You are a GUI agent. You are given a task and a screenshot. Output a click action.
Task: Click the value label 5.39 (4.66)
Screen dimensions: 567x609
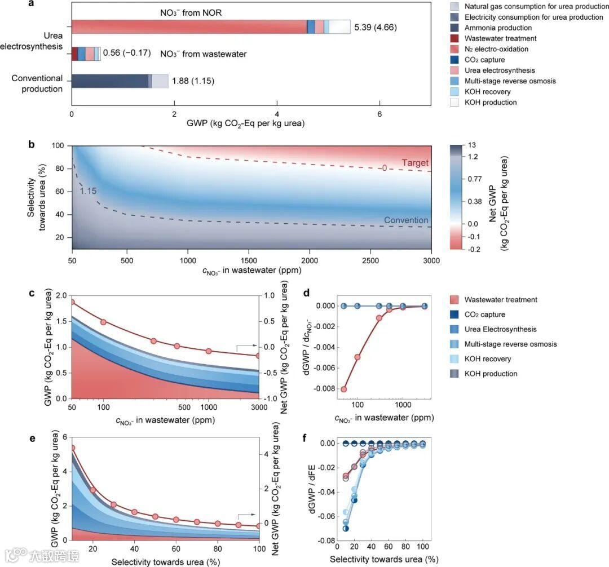click(376, 26)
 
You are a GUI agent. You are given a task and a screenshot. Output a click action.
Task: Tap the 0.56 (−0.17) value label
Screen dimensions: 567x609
click(127, 53)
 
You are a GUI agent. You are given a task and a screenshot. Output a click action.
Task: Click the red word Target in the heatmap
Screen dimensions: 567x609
click(416, 163)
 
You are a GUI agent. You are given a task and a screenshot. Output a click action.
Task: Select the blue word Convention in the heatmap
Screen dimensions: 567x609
click(407, 220)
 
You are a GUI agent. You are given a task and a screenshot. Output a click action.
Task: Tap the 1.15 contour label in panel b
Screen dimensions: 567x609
click(88, 192)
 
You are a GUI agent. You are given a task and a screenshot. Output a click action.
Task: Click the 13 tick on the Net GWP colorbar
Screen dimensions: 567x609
click(464, 145)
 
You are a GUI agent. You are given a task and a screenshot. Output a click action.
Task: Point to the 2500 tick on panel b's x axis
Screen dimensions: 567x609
click(370, 261)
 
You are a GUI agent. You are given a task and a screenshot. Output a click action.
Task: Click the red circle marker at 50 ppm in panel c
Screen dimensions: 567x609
click(72, 302)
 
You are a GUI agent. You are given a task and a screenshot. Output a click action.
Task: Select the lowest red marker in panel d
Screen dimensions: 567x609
click(344, 389)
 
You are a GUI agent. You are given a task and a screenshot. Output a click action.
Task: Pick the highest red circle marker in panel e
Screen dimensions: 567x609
click(72, 448)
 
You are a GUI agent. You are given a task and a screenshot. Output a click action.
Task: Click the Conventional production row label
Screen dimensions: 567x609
click(37, 83)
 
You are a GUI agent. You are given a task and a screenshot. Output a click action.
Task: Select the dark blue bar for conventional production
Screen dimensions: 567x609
click(109, 81)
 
